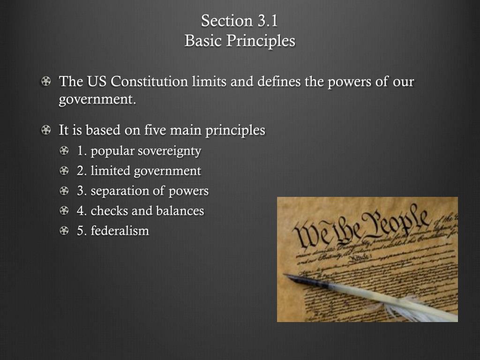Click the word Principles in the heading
tap(261, 41)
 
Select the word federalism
tap(120, 231)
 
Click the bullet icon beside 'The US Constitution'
tap(45, 82)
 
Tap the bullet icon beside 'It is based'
tap(45, 130)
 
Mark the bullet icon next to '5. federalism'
tap(64, 231)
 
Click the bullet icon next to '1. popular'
tap(64, 151)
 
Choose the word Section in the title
tap(227, 21)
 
